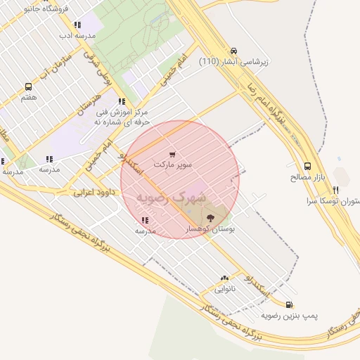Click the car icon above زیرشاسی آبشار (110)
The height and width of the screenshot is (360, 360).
(233, 51)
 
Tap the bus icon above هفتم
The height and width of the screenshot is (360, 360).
(28, 87)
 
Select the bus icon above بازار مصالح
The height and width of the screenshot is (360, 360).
(308, 167)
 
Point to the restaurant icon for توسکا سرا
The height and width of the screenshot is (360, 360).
(335, 190)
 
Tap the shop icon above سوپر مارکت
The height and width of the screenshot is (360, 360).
(173, 154)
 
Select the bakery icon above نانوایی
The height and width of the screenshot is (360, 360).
(224, 278)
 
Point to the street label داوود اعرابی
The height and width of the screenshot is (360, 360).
(93, 191)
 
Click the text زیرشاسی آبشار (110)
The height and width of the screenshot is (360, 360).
(234, 63)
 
